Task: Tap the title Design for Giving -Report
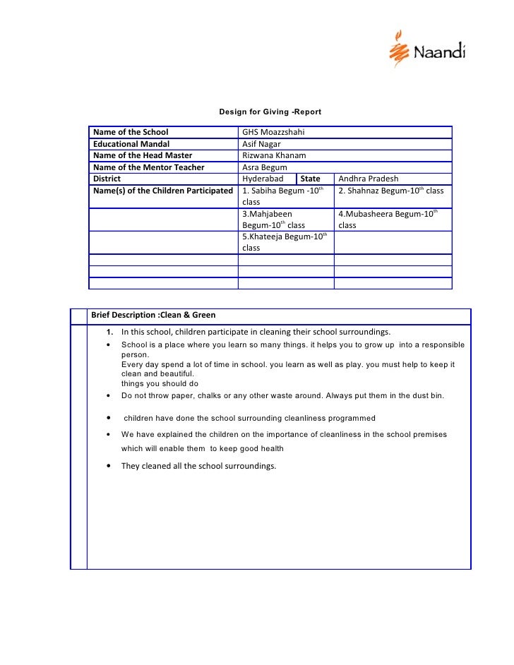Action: pos(270,112)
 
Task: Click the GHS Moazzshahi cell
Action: pos(273,132)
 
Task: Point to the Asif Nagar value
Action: pos(261,144)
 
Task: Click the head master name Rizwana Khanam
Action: pos(274,155)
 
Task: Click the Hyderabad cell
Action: pos(263,179)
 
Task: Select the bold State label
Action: pos(311,179)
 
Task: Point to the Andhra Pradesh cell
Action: pos(369,179)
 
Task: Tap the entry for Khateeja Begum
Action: pos(282,236)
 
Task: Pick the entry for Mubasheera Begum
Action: pos(387,214)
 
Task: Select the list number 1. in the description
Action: pos(111,332)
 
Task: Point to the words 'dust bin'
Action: pos(427,396)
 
